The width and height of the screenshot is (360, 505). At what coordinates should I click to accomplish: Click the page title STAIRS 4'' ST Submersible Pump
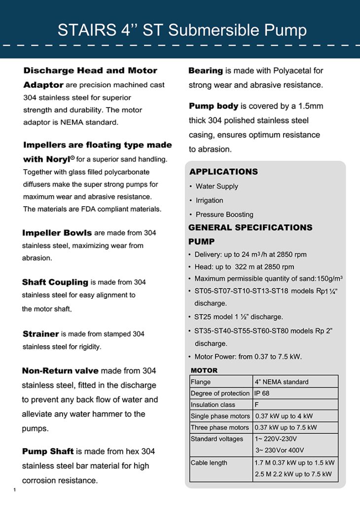(x=182, y=30)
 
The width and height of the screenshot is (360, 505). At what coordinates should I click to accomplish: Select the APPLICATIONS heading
(x=223, y=172)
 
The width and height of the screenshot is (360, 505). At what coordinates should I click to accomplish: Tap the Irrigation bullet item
(x=209, y=200)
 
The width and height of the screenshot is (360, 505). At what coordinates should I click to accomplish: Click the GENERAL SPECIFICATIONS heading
(x=250, y=227)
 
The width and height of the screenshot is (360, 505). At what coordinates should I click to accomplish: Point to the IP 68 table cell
(x=262, y=393)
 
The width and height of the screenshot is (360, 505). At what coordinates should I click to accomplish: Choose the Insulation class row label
(x=213, y=404)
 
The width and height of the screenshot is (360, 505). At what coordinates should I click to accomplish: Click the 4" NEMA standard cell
(x=282, y=382)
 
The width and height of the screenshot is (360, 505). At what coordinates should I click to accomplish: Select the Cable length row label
(x=209, y=463)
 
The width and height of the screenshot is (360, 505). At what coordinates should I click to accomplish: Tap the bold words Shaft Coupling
(x=55, y=282)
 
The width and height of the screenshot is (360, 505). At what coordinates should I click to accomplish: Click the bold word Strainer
(x=41, y=334)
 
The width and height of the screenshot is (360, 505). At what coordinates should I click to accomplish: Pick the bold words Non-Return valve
(x=60, y=370)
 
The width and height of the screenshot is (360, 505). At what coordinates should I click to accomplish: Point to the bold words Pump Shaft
(x=48, y=451)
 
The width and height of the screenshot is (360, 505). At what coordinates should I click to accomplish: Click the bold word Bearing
(x=206, y=71)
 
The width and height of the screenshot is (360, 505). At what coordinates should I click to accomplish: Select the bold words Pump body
(x=214, y=106)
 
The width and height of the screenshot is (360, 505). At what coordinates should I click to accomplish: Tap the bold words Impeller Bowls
(x=57, y=232)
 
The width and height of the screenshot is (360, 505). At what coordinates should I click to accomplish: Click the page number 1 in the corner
(x=15, y=490)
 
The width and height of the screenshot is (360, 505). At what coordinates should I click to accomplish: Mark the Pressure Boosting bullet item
(x=224, y=215)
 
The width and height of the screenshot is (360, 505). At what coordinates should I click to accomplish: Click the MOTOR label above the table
(x=204, y=370)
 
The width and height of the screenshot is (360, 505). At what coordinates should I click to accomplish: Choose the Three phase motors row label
(x=220, y=428)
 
